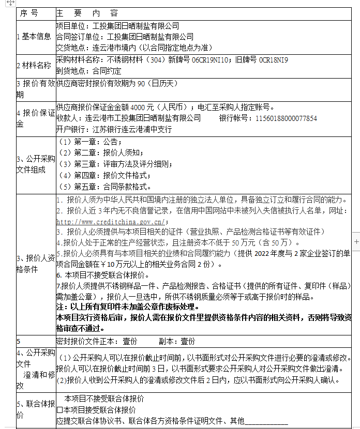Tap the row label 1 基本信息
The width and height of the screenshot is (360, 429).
pos(34,36)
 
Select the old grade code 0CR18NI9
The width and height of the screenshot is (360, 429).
pos(274,60)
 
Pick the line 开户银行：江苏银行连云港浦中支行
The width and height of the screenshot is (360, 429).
pos(114,129)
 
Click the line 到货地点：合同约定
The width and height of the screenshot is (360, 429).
pos(88,71)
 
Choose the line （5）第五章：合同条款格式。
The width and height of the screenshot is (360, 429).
pos(105,187)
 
